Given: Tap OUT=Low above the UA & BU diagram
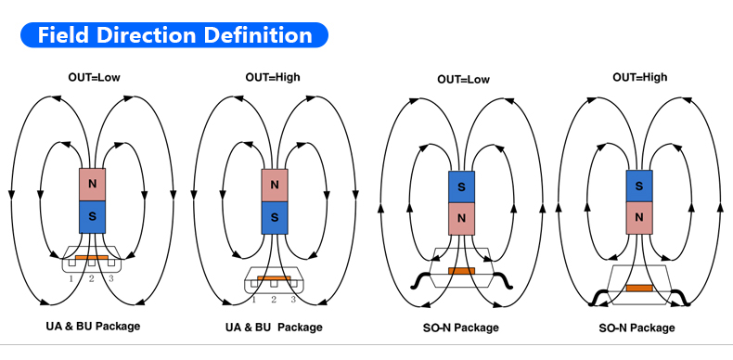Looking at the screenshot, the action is [x=94, y=78].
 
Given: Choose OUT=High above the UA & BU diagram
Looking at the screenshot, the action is [x=273, y=77].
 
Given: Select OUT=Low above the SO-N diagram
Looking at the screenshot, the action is [x=463, y=80].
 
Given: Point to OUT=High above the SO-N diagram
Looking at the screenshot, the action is [x=640, y=77].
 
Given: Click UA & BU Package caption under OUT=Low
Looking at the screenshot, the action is [x=93, y=326].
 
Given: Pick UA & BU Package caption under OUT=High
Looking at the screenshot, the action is [x=274, y=328].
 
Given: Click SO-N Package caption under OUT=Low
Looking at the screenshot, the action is [x=461, y=328].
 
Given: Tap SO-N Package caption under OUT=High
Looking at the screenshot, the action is [x=637, y=328].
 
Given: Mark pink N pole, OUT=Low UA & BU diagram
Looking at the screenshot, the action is [x=92, y=185].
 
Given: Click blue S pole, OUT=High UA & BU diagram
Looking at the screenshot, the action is [x=275, y=218].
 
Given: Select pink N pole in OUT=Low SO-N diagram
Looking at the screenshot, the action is [x=461, y=218].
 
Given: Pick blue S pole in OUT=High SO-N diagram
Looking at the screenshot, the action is [x=639, y=186].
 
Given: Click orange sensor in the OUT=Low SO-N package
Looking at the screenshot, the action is [x=461, y=271].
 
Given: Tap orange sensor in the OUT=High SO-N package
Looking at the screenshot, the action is [x=639, y=288].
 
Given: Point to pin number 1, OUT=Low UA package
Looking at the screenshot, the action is [x=71, y=279].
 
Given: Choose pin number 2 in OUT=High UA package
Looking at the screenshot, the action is [x=274, y=300].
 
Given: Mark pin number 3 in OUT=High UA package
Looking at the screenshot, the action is [x=293, y=300].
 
